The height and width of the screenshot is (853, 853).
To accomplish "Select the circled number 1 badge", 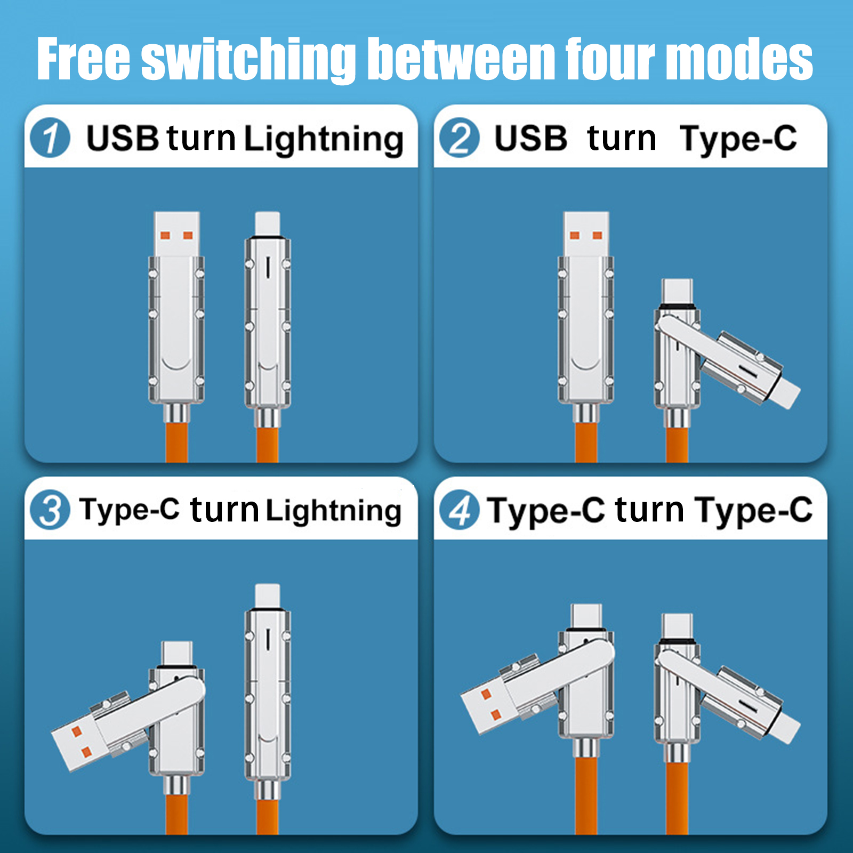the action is coord(50,138).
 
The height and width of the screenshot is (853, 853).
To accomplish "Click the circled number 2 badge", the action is coord(460,138).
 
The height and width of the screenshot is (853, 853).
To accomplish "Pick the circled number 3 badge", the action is coord(50,510).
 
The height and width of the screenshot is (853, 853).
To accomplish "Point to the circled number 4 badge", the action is coord(460,510).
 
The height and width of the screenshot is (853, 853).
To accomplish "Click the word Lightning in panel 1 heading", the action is coord(324,140).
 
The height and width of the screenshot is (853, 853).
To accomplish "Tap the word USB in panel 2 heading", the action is coord(530,138).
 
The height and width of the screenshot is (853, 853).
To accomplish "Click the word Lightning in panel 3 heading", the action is coord(334,511).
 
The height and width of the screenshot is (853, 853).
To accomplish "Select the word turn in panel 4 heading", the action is coord(649,510).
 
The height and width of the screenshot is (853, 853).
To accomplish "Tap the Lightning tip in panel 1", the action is coord(268,224).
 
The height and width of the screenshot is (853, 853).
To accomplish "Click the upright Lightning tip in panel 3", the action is coord(268,596).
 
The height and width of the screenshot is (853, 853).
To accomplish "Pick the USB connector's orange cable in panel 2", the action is coord(586,442).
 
